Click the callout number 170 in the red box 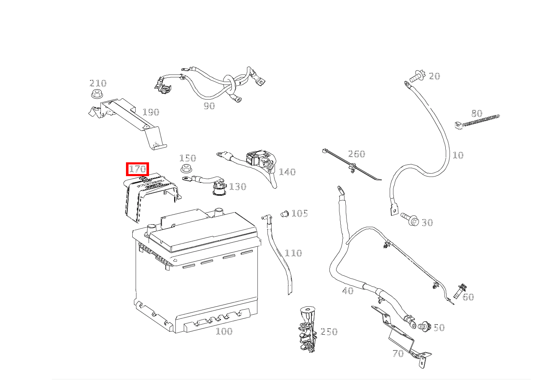[138, 169]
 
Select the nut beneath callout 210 [97, 94]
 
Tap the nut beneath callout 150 [186, 169]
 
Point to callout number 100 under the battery [224, 331]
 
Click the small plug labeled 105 [285, 213]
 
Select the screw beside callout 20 [417, 76]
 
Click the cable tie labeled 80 [477, 122]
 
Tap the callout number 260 [357, 154]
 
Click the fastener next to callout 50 [424, 326]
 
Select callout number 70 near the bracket [398, 354]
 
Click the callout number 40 [348, 291]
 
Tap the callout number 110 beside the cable [293, 253]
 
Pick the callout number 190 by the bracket [151, 112]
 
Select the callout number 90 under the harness [209, 106]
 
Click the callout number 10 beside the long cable [458, 155]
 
